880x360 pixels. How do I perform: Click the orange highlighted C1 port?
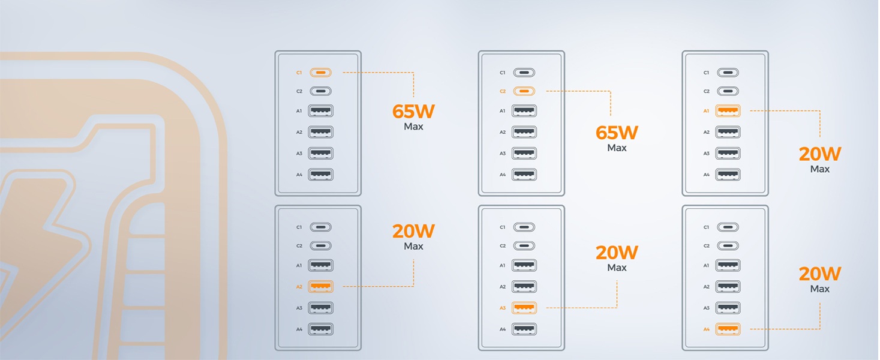[x=320, y=73]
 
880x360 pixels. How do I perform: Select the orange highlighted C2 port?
[x=524, y=91]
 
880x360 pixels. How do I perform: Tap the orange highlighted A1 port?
[x=728, y=111]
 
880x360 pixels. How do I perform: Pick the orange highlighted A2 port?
[x=320, y=287]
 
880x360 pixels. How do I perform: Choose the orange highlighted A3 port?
[x=524, y=308]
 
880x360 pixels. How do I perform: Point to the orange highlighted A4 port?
[x=728, y=329]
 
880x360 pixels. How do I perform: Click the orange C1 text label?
[x=299, y=73]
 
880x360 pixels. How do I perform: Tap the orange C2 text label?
[x=503, y=91]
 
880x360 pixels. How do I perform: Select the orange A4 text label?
[x=706, y=329]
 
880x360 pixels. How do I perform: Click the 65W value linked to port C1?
[x=413, y=111]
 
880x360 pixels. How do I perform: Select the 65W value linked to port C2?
[x=617, y=133]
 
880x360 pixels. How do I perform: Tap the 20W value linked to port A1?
[x=820, y=154]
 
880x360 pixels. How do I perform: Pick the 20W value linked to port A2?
[x=413, y=231]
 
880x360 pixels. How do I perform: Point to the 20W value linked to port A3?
[x=617, y=253]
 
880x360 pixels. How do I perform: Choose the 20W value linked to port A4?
[x=820, y=274]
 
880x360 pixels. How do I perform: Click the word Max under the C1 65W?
[x=413, y=127]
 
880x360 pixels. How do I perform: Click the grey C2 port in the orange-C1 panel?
[x=320, y=91]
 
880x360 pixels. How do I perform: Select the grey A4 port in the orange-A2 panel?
[x=320, y=329]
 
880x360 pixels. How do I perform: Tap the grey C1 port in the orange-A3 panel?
[x=524, y=227]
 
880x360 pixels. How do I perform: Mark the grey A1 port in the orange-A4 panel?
[x=728, y=265]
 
